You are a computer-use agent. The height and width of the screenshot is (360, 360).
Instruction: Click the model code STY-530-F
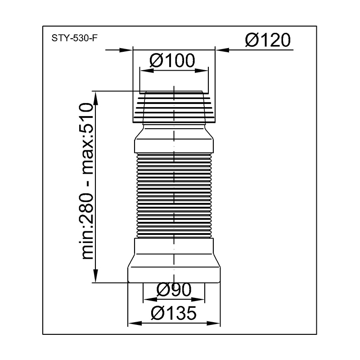(74, 38)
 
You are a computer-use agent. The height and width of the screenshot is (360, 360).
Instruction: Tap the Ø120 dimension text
(268, 40)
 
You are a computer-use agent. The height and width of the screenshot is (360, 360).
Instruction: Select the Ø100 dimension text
(172, 60)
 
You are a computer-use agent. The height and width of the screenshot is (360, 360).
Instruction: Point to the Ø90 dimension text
(174, 289)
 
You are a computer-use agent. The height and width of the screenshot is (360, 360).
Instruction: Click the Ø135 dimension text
(174, 313)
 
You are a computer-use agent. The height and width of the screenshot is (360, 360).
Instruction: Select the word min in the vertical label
(86, 246)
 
